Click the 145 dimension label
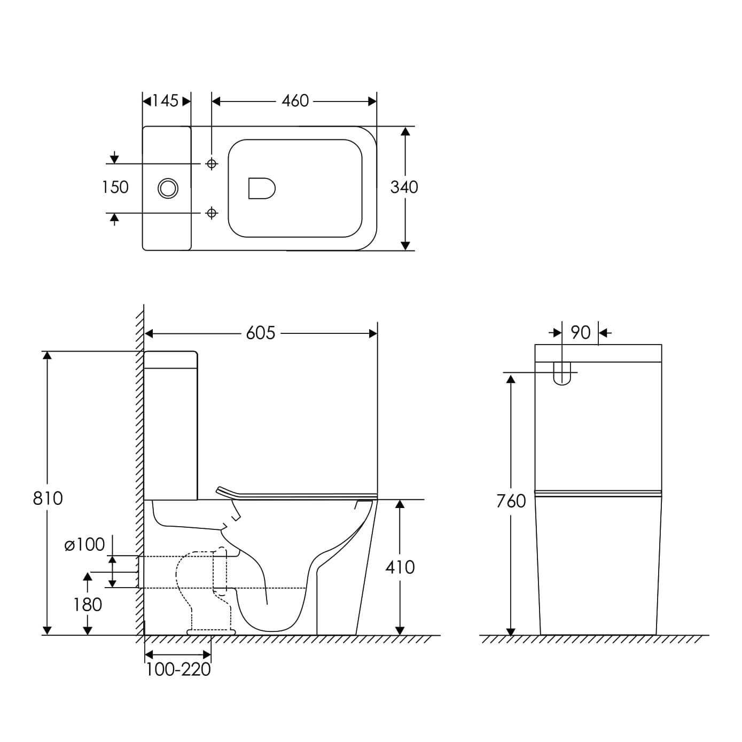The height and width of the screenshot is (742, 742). [x=166, y=101]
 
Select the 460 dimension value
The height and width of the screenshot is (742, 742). [x=295, y=101]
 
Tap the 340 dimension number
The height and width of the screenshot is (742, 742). [x=404, y=187]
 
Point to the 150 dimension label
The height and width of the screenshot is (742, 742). [x=115, y=187]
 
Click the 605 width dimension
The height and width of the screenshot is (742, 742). [x=261, y=333]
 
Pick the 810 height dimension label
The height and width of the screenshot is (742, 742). [x=48, y=498]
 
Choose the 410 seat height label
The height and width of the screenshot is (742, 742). [x=400, y=567]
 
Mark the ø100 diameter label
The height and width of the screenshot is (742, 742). [x=84, y=545]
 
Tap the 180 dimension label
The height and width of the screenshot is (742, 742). [x=88, y=605]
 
